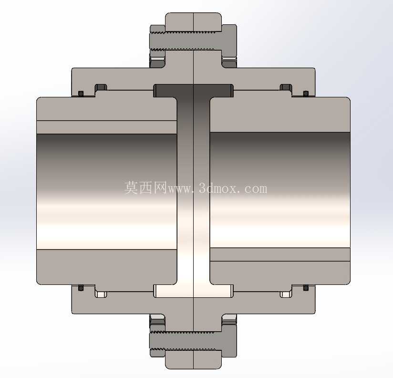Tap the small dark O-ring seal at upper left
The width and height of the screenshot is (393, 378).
pos(81,94)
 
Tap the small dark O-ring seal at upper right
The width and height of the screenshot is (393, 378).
pos(306,94)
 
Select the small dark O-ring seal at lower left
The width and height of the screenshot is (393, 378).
pos(81,288)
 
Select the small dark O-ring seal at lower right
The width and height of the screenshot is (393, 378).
pos(306,288)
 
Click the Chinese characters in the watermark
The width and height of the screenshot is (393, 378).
pos(145,188)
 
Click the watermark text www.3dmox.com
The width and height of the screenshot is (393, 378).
pos(217,189)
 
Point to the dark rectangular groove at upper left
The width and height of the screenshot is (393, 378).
pos(101,87)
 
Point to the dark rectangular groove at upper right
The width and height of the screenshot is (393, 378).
pos(286,87)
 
